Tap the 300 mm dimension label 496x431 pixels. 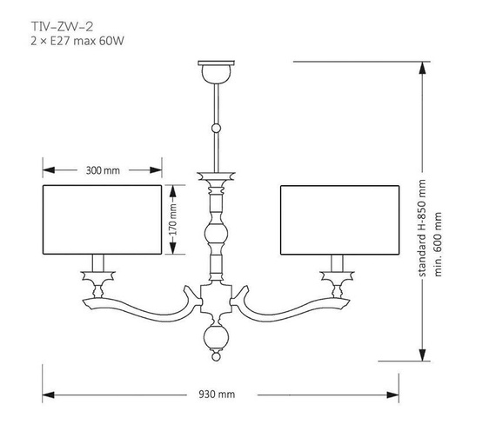103,170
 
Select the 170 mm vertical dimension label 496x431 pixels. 172,220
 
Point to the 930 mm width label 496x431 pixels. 217,393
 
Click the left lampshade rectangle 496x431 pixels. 102,220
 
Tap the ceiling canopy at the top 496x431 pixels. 216,69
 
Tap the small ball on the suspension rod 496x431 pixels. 216,129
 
